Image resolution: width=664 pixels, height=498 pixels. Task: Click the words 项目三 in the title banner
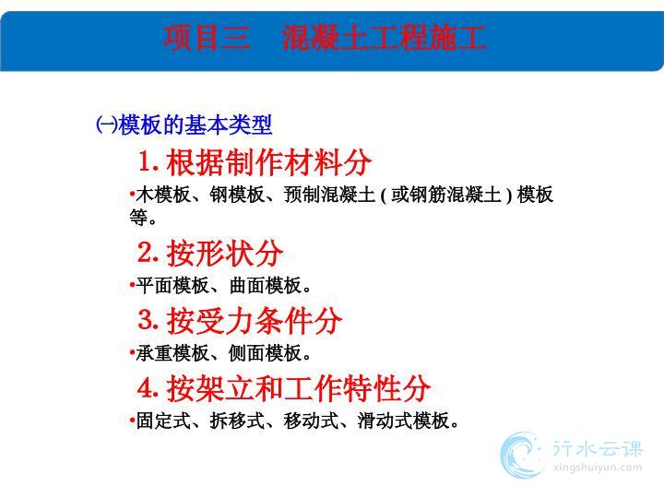coord(207,37)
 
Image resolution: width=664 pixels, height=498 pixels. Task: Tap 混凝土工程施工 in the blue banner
coord(384,37)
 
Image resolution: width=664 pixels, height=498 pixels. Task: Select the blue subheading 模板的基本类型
coord(196,125)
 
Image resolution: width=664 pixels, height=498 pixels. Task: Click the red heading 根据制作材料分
coord(269,162)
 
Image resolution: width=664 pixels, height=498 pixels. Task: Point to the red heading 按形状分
coord(225,253)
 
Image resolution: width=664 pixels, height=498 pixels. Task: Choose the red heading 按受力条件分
coord(255,321)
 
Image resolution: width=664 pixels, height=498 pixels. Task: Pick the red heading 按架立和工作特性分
coord(298,388)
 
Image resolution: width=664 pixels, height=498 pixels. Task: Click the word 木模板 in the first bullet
coord(163,195)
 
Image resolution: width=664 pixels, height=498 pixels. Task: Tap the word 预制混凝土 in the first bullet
coord(330,195)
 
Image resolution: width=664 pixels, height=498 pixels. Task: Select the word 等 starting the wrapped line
coord(138,218)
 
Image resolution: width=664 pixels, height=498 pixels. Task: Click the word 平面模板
coord(172,285)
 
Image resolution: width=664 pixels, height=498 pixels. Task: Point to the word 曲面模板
coord(266,285)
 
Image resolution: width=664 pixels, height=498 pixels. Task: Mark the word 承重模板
coord(172,353)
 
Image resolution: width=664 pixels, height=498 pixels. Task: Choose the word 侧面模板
coord(266,353)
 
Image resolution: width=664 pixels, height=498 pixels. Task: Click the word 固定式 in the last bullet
coord(163,421)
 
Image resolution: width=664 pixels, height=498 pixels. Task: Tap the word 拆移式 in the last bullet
coord(237,421)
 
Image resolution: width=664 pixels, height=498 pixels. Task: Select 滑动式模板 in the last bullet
coord(404,421)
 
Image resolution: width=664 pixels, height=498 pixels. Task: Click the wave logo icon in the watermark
coord(522,456)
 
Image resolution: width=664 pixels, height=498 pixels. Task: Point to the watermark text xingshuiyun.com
coord(597,468)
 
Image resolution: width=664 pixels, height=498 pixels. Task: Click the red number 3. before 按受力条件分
coord(148,320)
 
